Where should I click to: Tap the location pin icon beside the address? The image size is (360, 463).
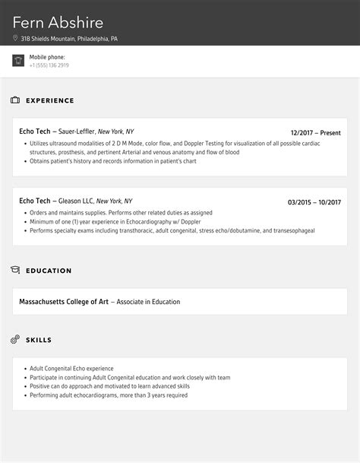click(15, 39)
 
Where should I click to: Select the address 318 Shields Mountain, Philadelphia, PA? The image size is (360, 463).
click(69, 39)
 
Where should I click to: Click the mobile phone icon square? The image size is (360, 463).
click(18, 61)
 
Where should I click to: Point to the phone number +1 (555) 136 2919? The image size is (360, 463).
click(49, 65)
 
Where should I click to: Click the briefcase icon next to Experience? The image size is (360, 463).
click(15, 100)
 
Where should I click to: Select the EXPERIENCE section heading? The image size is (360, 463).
click(50, 100)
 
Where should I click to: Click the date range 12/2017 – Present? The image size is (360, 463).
click(317, 132)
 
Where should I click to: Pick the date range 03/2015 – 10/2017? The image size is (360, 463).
click(314, 202)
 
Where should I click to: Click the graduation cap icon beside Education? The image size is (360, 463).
click(15, 271)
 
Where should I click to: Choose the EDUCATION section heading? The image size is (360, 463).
click(49, 271)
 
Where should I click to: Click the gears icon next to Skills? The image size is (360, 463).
click(15, 339)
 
